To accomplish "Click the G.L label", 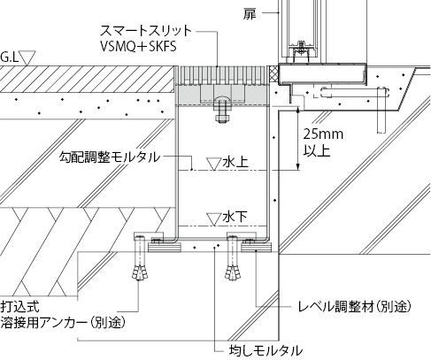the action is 9,57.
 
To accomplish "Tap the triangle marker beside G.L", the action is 27,57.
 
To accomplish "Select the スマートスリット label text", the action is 146,30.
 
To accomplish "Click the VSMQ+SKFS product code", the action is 138,46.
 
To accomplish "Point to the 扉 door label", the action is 250,13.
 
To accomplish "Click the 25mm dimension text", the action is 323,134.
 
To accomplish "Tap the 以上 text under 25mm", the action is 317,150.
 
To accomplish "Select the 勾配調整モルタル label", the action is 110,157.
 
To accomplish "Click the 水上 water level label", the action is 235,163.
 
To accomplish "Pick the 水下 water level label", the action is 235,218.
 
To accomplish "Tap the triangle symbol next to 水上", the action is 214,164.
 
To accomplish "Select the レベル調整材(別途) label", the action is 354,307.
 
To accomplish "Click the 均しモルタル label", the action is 266,350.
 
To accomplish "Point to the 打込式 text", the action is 19,307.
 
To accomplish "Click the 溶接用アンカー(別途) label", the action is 63,323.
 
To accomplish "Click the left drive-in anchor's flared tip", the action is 140,272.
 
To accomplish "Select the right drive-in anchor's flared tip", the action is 233,272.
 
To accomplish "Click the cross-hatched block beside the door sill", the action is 273,73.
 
